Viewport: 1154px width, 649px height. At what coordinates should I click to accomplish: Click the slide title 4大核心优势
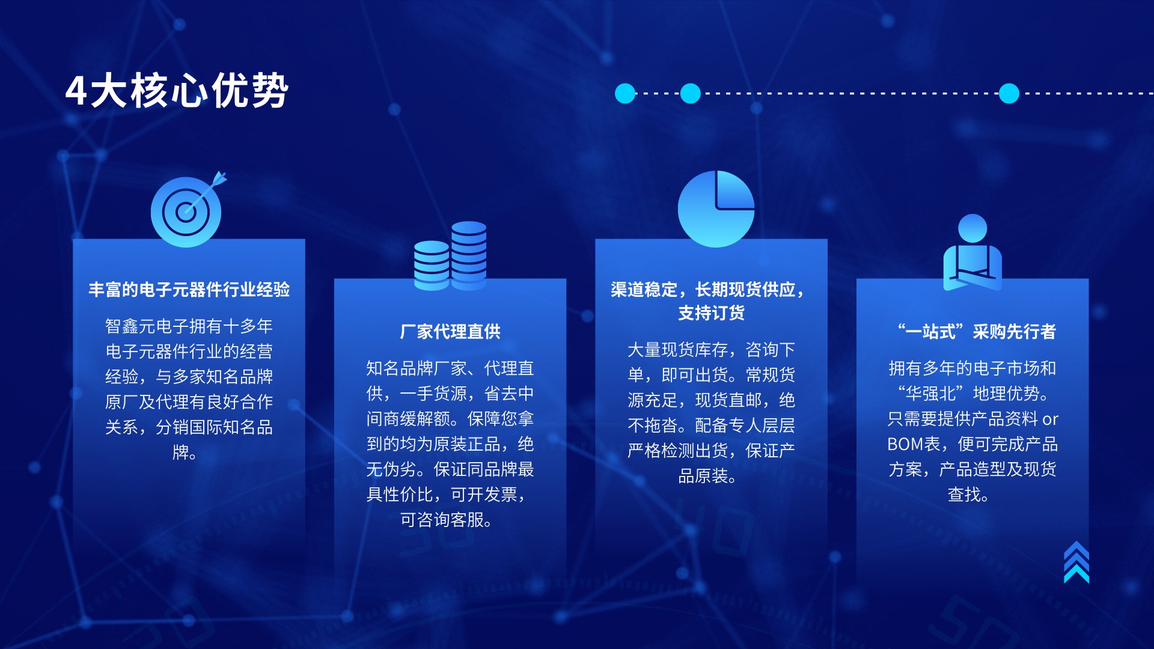point(177,91)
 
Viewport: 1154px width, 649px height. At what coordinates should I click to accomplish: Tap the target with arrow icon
point(188,210)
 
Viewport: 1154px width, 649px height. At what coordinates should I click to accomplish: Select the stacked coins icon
point(450,256)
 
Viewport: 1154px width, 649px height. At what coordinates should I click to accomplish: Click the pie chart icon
point(716,209)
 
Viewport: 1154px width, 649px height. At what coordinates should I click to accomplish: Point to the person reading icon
point(972,252)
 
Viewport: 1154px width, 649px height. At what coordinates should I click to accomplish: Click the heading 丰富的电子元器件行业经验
point(189,290)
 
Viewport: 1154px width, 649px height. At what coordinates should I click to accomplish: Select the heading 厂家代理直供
point(450,332)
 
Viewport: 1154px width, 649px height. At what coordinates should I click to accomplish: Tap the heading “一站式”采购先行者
point(976,332)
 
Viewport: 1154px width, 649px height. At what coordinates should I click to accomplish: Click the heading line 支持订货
point(712,313)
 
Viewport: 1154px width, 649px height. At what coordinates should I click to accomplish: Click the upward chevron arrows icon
point(1076,562)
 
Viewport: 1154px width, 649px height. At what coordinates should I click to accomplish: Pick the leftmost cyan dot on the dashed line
point(625,94)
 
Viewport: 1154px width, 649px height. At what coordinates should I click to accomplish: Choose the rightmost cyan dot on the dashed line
point(1009,94)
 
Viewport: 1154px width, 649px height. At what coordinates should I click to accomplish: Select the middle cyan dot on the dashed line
point(690,94)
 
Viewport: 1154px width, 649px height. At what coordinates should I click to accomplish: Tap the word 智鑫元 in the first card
point(130,326)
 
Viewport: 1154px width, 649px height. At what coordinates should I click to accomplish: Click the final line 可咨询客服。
point(447,520)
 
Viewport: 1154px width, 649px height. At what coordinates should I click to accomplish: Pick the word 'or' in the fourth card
point(1050,419)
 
